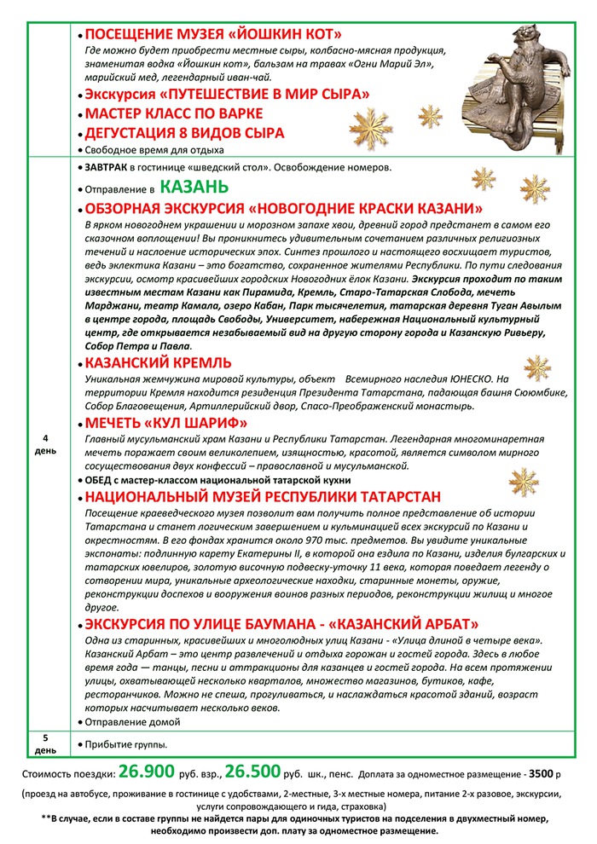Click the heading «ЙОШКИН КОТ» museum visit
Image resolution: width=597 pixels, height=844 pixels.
(213, 35)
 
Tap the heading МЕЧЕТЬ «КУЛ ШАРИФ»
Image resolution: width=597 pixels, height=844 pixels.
(166, 423)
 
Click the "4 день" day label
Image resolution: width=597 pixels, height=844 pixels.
(45, 443)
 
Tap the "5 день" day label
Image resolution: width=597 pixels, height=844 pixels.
(45, 744)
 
